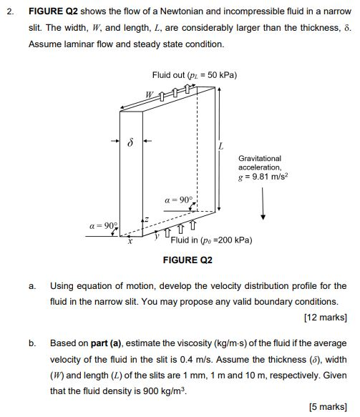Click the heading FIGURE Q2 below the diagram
(188, 260)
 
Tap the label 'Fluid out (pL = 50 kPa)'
(195, 75)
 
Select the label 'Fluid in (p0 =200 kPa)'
(211, 240)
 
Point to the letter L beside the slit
(221, 147)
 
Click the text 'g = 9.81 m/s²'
(263, 175)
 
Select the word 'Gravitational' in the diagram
(260, 158)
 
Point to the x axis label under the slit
(130, 242)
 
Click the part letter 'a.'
(32, 286)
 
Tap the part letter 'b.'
(32, 343)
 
